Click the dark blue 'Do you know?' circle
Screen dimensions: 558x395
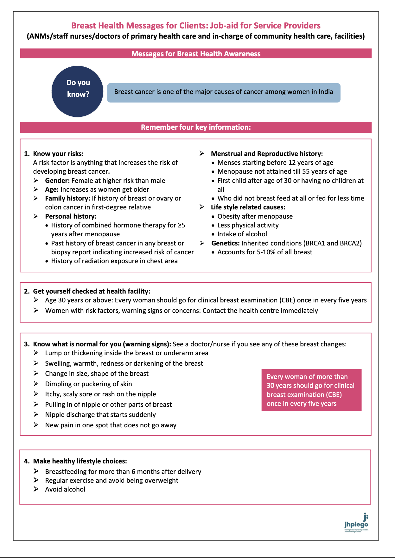tap(78, 91)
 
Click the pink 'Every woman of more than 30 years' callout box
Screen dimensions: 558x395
tap(311, 390)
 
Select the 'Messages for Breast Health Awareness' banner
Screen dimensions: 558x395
tap(196, 54)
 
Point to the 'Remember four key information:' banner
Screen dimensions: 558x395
tap(196, 127)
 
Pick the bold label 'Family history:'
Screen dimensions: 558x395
tap(68, 198)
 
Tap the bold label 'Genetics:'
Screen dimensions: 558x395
tap(225, 243)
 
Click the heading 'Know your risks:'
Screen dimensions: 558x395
tap(58, 154)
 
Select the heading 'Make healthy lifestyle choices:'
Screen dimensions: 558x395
tap(80, 461)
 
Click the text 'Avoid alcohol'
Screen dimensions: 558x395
tap(65, 489)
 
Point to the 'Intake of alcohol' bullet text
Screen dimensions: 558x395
tap(242, 234)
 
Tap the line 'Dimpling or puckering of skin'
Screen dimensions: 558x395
tap(88, 384)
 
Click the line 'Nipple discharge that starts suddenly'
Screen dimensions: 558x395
tap(100, 415)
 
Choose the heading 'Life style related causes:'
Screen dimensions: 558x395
tap(248, 207)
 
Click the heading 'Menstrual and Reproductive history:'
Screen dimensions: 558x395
tap(267, 154)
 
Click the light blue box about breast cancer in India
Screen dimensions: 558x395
tap(224, 92)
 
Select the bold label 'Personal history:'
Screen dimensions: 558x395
tap(71, 216)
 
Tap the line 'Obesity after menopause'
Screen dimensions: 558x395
tap(255, 216)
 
